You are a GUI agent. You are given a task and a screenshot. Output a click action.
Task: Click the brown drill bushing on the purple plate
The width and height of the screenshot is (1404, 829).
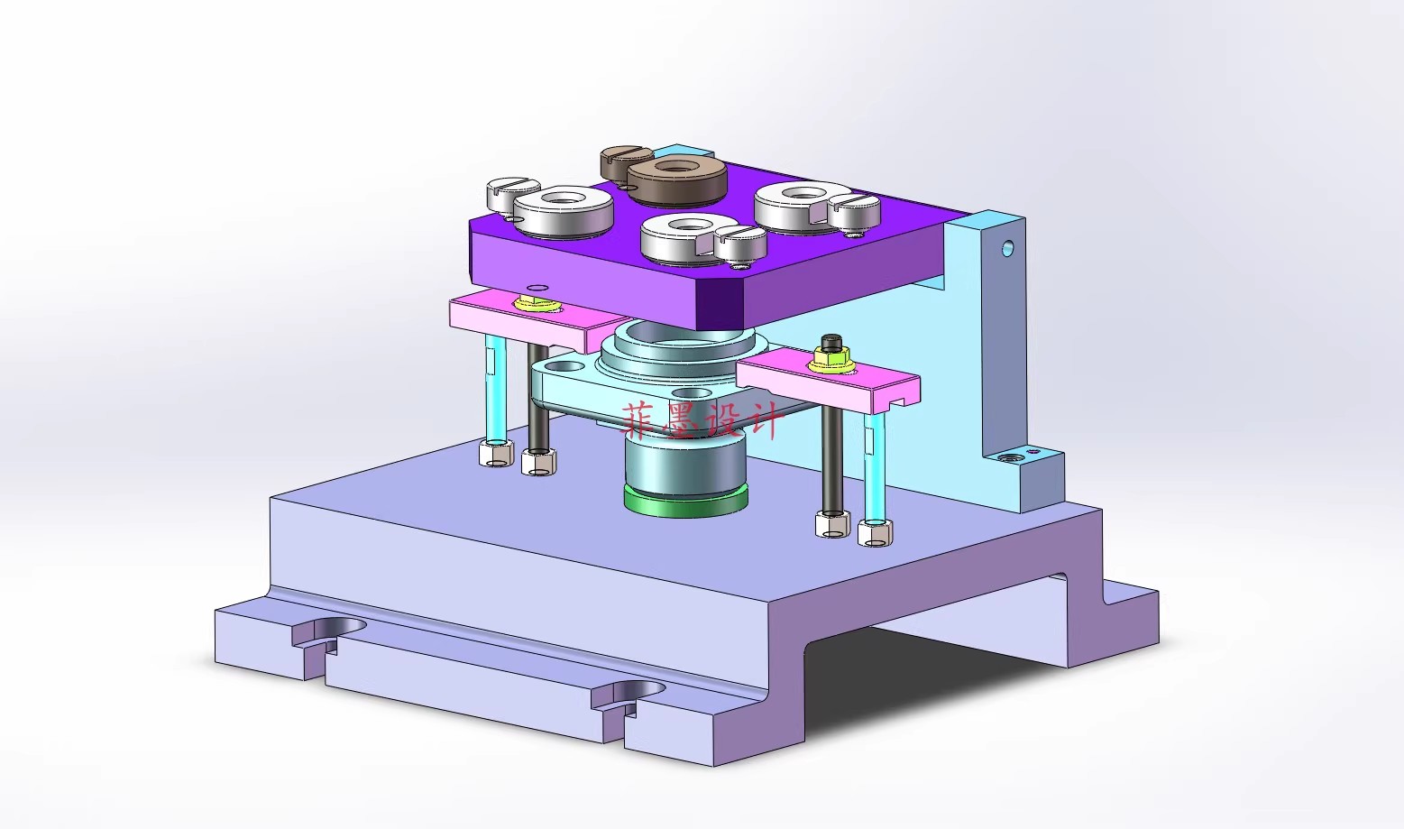677,181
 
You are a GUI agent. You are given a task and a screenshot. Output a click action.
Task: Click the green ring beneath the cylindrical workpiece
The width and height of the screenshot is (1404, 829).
686,502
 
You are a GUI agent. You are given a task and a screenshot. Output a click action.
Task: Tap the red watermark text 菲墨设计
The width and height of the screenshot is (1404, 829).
702,420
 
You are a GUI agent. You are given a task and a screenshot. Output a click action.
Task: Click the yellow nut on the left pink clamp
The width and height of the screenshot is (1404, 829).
530,304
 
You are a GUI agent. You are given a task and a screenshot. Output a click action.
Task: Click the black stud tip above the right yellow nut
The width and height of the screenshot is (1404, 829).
831,343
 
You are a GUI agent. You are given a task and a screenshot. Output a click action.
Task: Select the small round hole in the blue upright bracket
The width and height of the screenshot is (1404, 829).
1007,247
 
